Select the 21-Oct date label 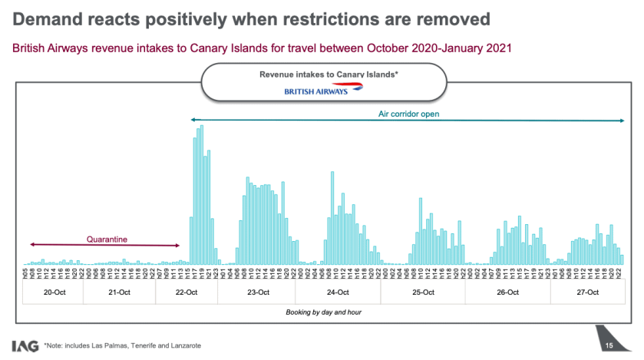point(118,292)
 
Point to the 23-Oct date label point(259,292)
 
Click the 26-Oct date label point(508,292)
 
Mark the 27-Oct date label point(587,292)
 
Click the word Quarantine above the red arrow point(107,239)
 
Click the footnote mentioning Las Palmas point(123,346)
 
